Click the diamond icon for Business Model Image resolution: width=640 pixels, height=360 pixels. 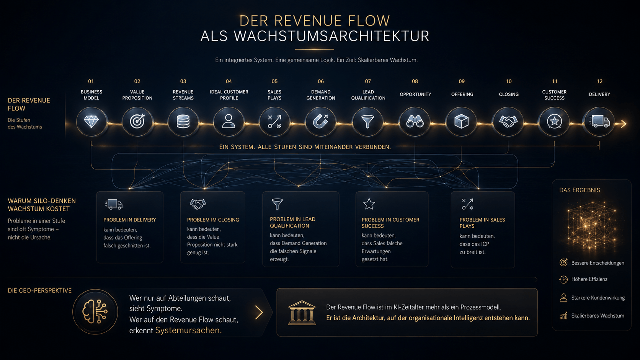point(91,122)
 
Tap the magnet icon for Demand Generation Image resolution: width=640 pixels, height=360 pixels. point(320,122)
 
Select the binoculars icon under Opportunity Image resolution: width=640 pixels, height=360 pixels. point(415,122)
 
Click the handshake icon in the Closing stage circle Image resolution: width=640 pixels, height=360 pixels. point(508,122)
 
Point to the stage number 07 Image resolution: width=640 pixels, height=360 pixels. point(368,81)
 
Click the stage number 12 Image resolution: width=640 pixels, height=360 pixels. point(599,81)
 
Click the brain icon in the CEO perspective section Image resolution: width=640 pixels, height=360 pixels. point(95,311)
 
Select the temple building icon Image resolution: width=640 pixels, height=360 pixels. point(302,313)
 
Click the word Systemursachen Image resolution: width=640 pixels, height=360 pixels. point(188,330)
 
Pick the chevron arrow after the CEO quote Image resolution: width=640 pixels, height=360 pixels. point(259,312)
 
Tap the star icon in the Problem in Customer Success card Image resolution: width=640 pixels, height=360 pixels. point(369,204)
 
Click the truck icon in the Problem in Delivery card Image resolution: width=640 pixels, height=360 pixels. point(114,204)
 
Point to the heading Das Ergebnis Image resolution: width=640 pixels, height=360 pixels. point(580,190)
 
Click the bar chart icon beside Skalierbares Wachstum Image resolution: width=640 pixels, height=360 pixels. point(563,316)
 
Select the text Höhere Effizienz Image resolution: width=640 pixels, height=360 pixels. point(589,279)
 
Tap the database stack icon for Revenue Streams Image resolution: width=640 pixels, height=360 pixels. point(183,122)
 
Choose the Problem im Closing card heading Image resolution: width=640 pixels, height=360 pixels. point(213,220)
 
